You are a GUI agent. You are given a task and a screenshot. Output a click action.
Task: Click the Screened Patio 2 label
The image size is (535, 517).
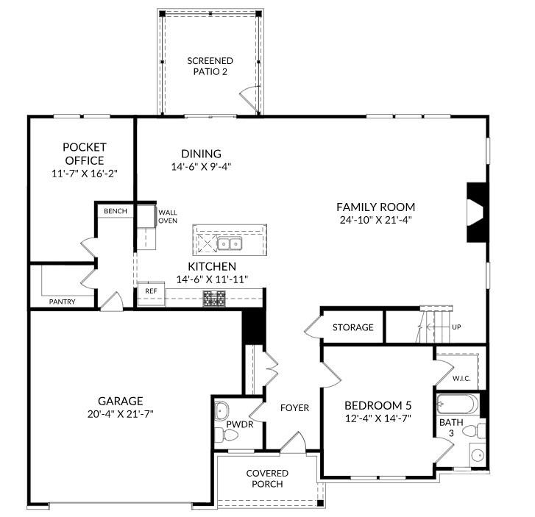coord(210,66)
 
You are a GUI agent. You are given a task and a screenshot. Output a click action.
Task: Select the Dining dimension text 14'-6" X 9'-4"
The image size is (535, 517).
coord(201,167)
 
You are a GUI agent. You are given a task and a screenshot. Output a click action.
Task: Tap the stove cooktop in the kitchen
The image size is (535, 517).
coord(215,298)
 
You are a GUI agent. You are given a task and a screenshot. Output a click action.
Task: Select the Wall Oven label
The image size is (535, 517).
coord(168,215)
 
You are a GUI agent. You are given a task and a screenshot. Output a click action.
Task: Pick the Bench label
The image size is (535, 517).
coord(116,212)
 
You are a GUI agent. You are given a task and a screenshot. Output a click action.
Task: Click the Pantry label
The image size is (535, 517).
coord(62,302)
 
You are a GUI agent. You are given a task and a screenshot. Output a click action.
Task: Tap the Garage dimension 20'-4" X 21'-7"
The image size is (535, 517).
coord(120,413)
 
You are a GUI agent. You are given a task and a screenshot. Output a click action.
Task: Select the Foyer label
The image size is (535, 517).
coord(294,408)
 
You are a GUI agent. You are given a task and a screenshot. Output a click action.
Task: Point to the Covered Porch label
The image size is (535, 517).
coord(267,479)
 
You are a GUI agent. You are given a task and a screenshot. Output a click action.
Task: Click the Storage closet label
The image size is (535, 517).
coord(352,327)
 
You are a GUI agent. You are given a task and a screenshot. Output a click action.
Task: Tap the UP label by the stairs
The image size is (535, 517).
coord(456,327)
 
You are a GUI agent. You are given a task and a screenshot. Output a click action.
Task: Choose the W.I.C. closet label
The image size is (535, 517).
coord(461,379)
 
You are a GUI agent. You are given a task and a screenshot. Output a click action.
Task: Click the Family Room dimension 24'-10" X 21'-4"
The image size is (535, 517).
coord(375,220)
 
